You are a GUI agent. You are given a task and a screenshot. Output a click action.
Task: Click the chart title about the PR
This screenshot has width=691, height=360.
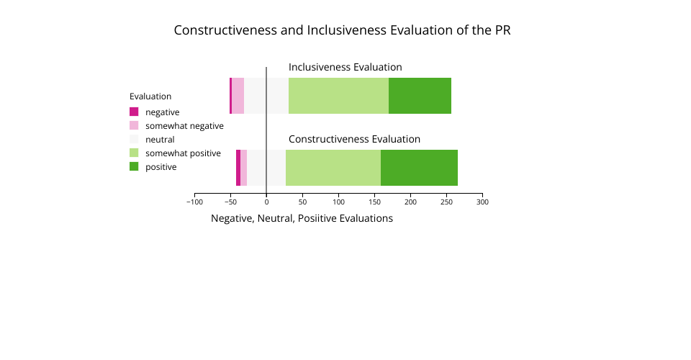[x=342, y=31]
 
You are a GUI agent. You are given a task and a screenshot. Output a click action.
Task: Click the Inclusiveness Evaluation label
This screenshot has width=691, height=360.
[x=345, y=67]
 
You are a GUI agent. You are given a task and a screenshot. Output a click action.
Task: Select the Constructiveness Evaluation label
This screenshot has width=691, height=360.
[x=354, y=139]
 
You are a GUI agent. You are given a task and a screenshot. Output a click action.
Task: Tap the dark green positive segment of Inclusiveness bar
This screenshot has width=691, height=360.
[x=420, y=96]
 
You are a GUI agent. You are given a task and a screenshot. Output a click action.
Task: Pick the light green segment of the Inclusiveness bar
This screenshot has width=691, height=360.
[x=338, y=96]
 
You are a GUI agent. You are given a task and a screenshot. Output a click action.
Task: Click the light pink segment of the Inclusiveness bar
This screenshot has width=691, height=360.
[x=238, y=96]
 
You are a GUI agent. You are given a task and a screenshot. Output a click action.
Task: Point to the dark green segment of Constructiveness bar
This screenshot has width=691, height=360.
[x=419, y=168]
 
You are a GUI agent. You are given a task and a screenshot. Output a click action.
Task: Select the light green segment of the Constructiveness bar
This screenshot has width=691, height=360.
[x=333, y=168]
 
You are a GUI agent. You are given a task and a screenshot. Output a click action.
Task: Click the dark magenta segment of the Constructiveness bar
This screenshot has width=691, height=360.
[x=238, y=168]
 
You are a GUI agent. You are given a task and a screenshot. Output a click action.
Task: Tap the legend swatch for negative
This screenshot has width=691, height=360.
[x=134, y=112]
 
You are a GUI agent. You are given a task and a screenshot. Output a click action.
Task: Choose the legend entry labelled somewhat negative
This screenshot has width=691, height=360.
[x=184, y=126]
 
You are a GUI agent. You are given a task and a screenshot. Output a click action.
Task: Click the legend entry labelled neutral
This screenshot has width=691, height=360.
[x=160, y=140]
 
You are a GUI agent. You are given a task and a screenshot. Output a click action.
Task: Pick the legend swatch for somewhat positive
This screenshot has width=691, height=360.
[x=134, y=153]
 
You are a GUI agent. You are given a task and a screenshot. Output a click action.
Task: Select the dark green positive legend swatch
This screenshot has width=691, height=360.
[x=134, y=166]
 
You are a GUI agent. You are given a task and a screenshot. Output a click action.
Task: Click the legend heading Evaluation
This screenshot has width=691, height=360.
[x=150, y=96]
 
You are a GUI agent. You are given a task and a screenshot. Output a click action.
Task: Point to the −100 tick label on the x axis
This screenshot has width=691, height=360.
[x=194, y=202]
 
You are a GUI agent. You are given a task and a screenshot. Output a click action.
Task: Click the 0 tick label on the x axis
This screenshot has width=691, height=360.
[x=266, y=202]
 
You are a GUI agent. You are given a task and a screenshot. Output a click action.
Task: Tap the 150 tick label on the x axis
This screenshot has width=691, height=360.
[x=374, y=202]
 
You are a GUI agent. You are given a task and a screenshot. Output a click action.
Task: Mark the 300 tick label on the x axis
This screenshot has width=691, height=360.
[x=482, y=202]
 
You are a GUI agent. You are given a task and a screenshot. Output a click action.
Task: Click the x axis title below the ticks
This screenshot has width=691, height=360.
[x=302, y=218]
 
